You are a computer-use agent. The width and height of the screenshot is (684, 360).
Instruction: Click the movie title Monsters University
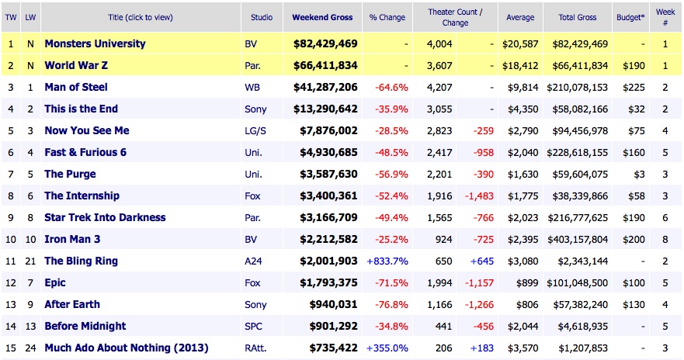tap(95, 43)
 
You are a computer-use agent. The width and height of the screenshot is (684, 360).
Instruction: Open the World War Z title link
tap(82, 65)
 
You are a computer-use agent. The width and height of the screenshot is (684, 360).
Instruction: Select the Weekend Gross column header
tap(322, 17)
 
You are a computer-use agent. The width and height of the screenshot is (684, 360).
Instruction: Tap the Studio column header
tap(262, 17)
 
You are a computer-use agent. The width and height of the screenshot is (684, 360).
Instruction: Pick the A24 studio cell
tap(252, 261)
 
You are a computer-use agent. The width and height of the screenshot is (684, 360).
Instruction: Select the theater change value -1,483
tap(477, 196)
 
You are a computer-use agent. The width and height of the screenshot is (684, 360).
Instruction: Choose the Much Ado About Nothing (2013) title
tap(126, 348)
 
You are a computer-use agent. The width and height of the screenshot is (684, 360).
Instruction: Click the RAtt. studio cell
tap(255, 348)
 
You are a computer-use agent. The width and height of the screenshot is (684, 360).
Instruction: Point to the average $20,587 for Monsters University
tap(520, 43)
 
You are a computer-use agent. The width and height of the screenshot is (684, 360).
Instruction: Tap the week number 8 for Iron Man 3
tap(665, 239)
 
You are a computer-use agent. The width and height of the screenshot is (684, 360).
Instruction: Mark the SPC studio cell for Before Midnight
tap(252, 326)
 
